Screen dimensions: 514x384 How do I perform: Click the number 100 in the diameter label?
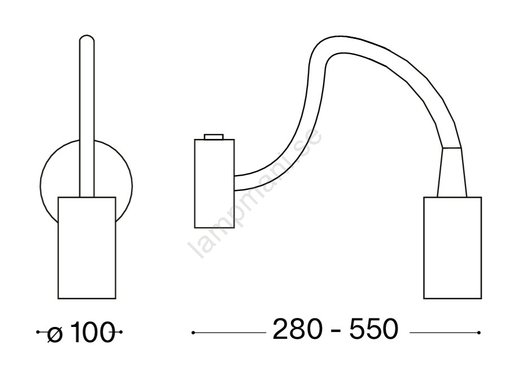click(x=93, y=332)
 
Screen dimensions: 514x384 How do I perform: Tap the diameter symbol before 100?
click(x=55, y=334)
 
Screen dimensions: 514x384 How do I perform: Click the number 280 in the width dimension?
click(x=298, y=329)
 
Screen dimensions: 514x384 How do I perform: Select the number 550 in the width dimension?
click(x=374, y=329)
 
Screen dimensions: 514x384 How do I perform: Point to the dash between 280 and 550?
click(x=336, y=331)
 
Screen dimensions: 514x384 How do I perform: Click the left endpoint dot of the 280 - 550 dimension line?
click(x=193, y=333)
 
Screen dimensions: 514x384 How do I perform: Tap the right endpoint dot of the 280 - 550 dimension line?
click(x=479, y=333)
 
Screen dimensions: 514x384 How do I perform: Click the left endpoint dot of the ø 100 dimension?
click(x=38, y=332)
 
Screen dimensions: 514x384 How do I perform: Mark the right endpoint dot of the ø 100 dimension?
click(x=120, y=332)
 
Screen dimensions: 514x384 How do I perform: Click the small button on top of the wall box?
click(x=214, y=137)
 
